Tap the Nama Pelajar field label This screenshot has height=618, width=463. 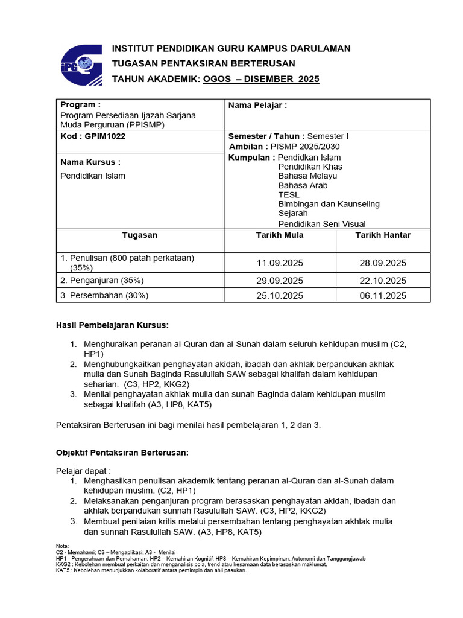(258, 106)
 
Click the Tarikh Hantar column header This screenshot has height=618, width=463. (383, 235)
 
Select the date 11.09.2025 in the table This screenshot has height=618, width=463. (280, 263)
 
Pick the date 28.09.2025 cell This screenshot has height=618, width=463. (383, 263)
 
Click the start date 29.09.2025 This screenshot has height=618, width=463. (280, 281)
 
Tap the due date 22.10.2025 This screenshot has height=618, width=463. (383, 281)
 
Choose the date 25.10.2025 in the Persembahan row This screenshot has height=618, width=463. (280, 296)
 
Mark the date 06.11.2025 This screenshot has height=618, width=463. (383, 296)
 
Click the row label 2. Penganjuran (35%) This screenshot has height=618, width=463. (102, 281)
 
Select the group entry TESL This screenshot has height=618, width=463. (289, 195)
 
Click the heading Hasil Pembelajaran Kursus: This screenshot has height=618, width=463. (112, 325)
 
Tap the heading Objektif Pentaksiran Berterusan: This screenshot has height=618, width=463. (123, 452)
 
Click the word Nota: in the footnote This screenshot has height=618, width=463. (62, 546)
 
